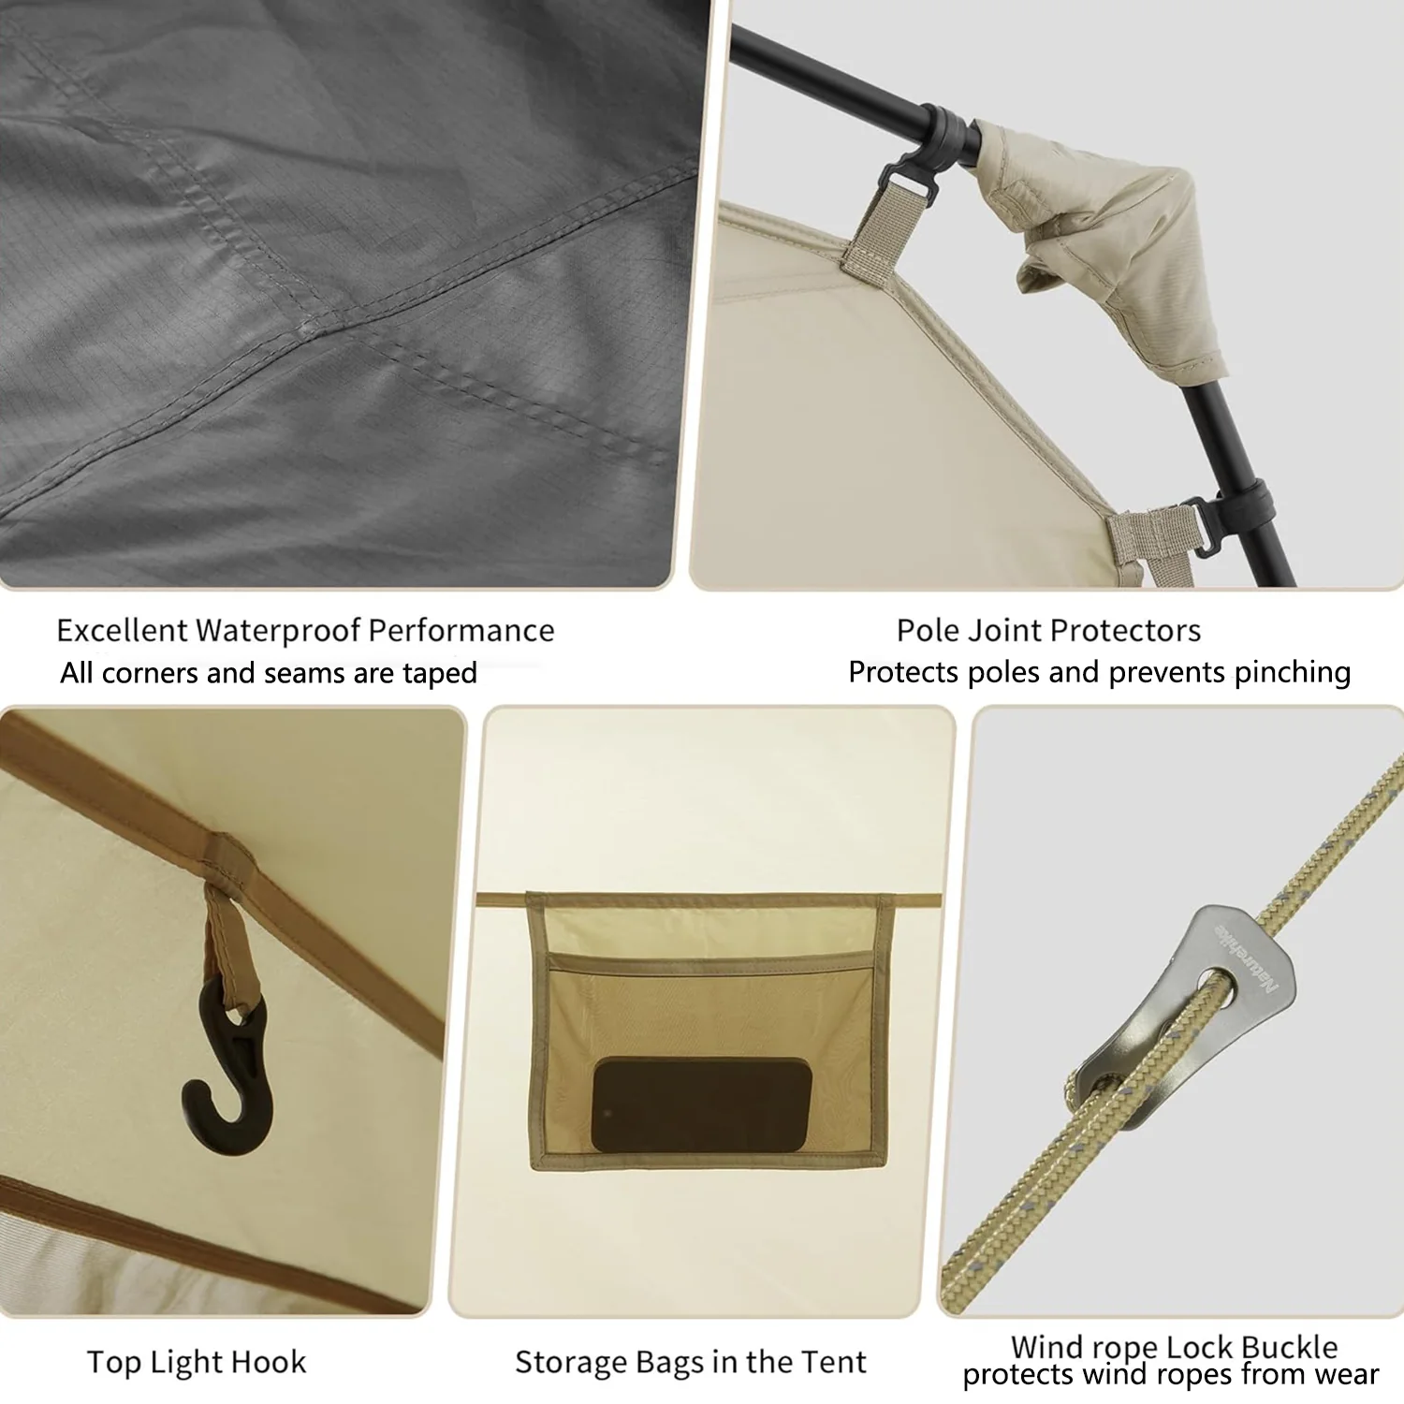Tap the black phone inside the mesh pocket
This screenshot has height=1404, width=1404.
pos(701,1104)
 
